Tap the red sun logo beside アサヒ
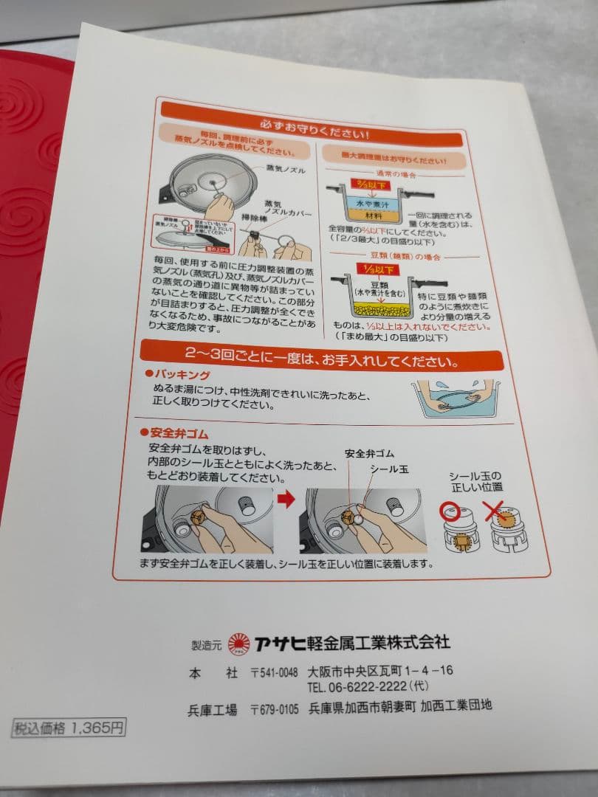239,644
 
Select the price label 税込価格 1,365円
68,728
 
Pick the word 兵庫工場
213,710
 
